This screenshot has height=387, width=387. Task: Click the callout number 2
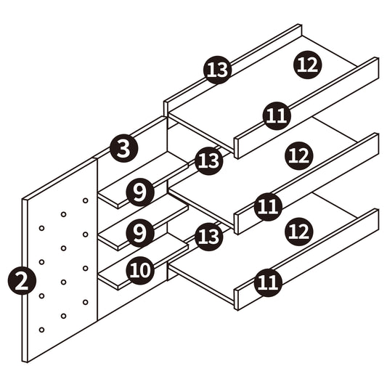click(22, 282)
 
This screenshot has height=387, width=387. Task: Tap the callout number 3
click(123, 148)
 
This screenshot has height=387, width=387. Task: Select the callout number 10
click(140, 270)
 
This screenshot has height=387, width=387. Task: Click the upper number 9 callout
click(140, 192)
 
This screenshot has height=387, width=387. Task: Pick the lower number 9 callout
click(140, 233)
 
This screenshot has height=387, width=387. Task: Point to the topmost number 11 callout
click(277, 115)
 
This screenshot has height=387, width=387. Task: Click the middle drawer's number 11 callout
click(268, 207)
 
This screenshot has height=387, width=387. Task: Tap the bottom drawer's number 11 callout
click(268, 282)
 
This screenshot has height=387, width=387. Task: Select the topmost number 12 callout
click(308, 65)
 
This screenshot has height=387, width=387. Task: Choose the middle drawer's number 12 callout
click(299, 155)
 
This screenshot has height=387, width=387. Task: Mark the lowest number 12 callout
click(299, 232)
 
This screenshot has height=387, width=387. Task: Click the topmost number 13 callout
click(217, 70)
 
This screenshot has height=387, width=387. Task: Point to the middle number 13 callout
click(209, 161)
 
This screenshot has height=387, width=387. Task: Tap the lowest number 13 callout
click(209, 237)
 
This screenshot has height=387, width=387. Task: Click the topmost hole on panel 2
click(86, 200)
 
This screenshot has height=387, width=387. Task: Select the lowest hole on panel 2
click(41, 330)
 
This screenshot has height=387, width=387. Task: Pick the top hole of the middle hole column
click(63, 214)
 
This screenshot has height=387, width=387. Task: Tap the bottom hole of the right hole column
click(86, 302)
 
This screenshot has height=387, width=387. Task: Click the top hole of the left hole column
click(41, 228)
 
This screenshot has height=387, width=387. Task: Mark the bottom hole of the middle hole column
click(63, 316)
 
